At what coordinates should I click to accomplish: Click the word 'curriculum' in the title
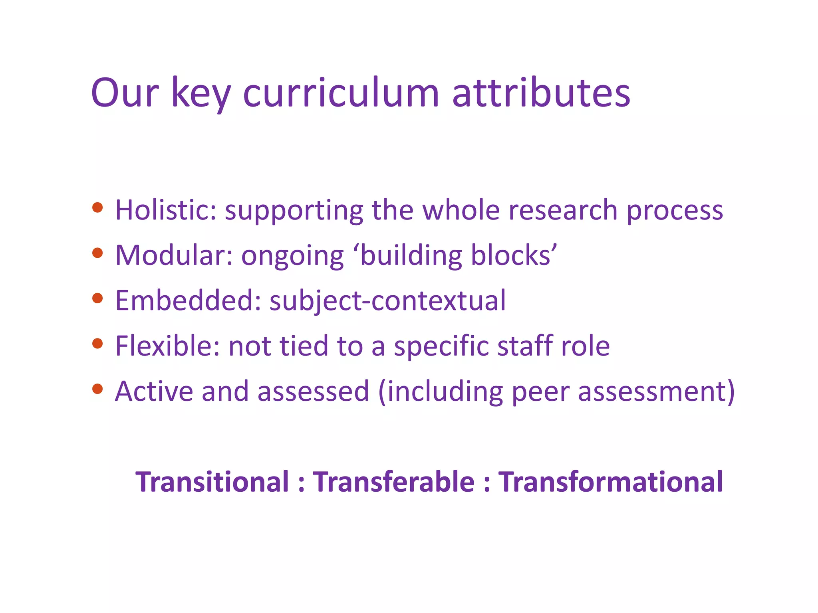point(341,93)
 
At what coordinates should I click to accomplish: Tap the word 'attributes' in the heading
point(541,93)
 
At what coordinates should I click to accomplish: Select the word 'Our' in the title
point(125,93)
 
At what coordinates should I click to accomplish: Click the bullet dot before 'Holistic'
point(97,208)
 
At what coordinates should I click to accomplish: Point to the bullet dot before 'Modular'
point(97,253)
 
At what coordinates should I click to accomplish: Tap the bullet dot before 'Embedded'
point(97,298)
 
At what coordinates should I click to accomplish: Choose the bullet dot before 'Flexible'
point(97,343)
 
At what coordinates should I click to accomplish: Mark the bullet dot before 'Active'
point(97,389)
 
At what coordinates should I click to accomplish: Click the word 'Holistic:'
point(166,210)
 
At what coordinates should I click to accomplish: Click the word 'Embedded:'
point(188,301)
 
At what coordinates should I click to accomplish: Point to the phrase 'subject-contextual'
point(387,301)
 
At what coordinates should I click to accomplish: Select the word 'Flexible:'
point(167,346)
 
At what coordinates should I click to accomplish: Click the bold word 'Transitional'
point(212,482)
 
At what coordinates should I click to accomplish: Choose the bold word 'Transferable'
point(393,482)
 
